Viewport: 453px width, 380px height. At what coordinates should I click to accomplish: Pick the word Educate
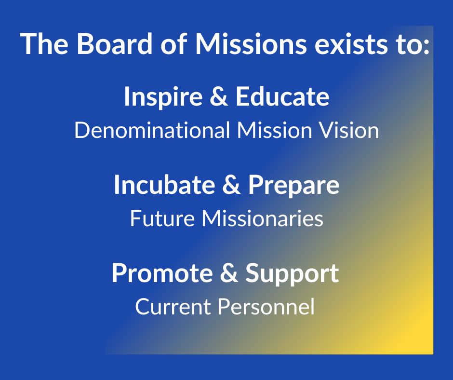click(282, 97)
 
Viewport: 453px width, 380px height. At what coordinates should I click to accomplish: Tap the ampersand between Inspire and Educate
click(218, 97)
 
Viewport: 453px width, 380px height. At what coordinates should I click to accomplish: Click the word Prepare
click(293, 186)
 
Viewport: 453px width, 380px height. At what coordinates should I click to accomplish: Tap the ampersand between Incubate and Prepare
click(230, 185)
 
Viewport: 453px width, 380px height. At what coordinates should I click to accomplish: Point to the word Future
click(161, 219)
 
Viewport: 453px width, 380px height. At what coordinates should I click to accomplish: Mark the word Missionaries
click(262, 219)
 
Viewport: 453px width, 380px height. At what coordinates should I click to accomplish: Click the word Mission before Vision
click(274, 131)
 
